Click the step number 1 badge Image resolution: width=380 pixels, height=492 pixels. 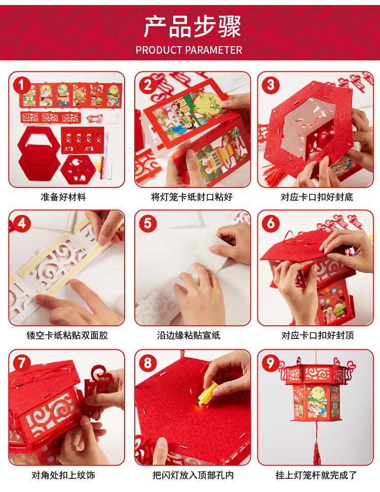click(x=22, y=85)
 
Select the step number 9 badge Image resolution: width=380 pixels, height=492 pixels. click(x=271, y=363)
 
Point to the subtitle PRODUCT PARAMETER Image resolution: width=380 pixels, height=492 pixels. click(x=189, y=50)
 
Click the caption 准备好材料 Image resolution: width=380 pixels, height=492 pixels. click(x=63, y=197)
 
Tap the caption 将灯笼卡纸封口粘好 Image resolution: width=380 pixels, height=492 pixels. click(x=192, y=197)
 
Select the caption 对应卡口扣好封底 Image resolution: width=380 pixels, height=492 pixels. click(x=317, y=197)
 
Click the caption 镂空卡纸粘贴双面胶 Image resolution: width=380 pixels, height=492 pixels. click(x=67, y=335)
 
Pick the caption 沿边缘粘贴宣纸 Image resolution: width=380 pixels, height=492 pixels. click(x=188, y=335)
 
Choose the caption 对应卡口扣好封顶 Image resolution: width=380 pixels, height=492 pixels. click(x=318, y=335)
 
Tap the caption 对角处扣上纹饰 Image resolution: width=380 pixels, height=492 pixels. click(x=63, y=475)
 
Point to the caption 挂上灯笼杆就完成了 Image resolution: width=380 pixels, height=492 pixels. click(x=316, y=475)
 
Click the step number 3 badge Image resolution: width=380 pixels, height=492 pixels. click(x=271, y=85)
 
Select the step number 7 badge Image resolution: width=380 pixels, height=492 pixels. click(x=22, y=363)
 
